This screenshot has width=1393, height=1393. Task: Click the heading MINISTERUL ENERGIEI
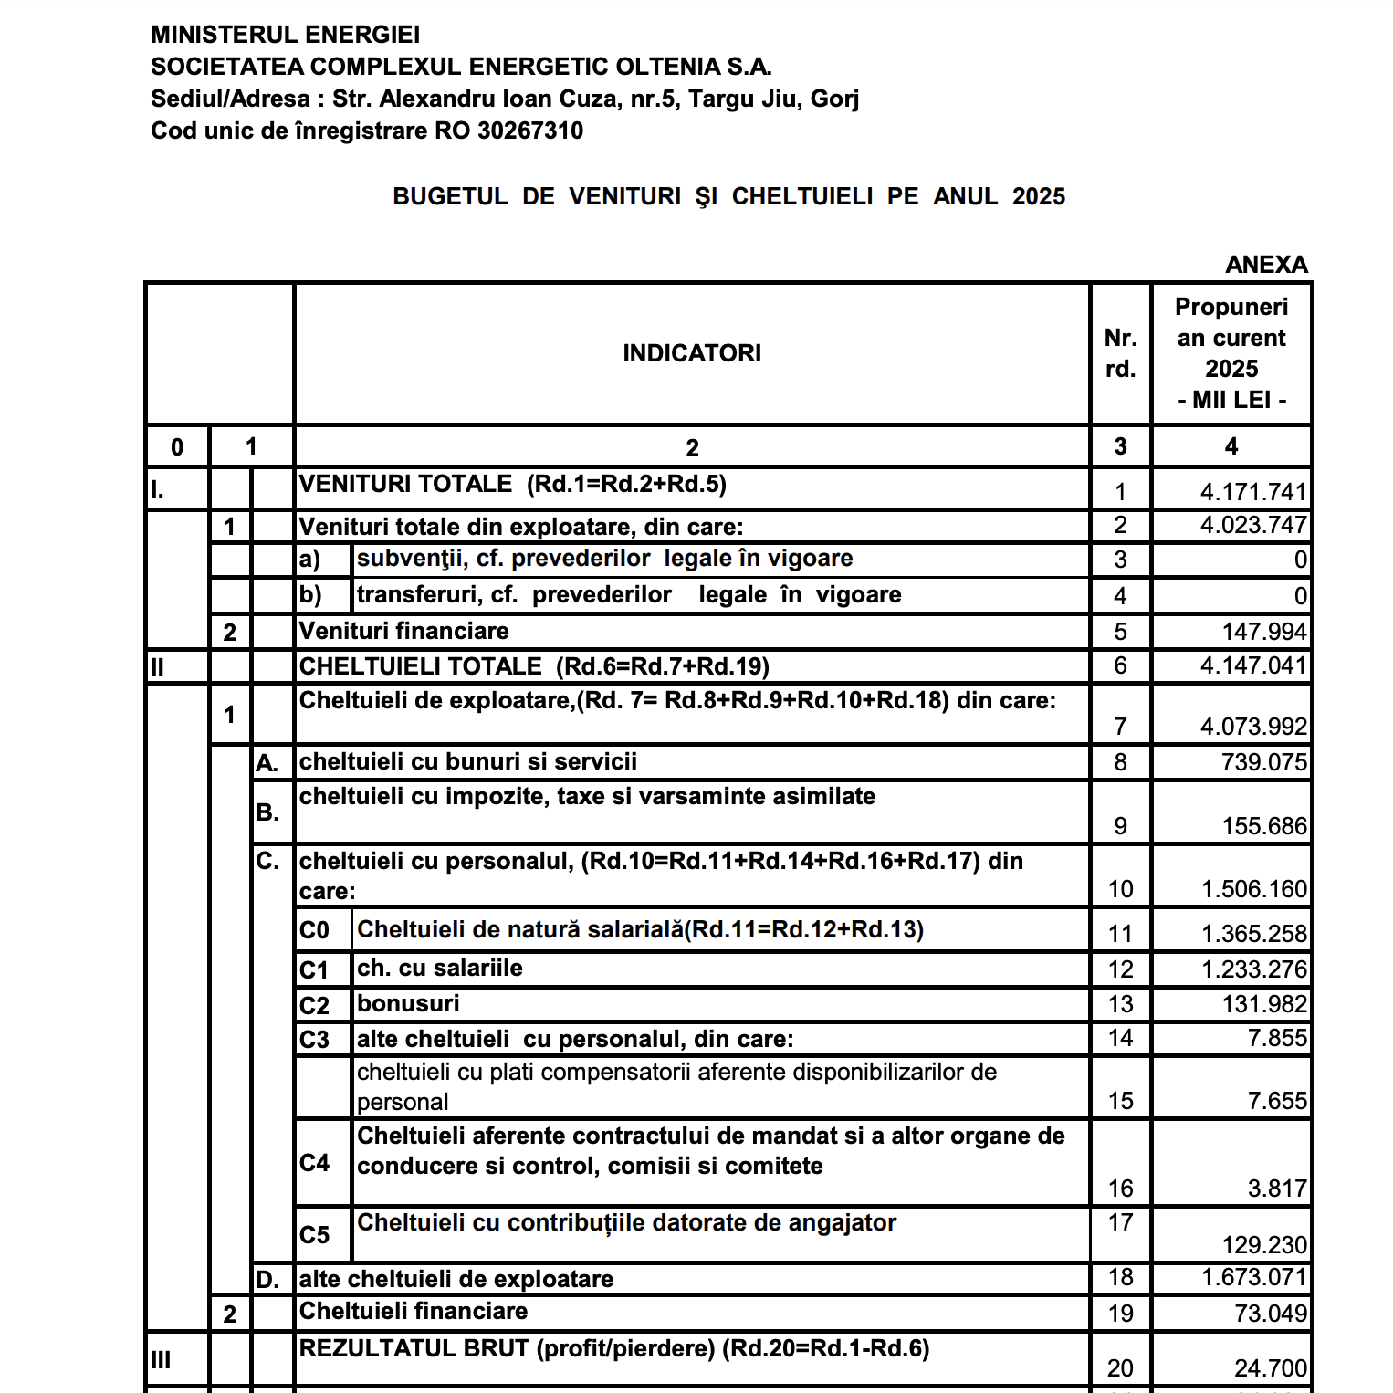pyautogui.click(x=285, y=35)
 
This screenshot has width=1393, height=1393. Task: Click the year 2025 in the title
pyautogui.click(x=1039, y=196)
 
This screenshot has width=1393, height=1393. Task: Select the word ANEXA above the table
pyautogui.click(x=1266, y=265)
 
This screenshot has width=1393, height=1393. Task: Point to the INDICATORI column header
pyautogui.click(x=692, y=353)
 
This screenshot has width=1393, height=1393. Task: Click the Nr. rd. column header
pyautogui.click(x=1120, y=353)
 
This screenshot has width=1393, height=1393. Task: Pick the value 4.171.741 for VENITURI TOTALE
pyautogui.click(x=1253, y=492)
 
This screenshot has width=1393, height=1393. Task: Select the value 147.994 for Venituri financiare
pyautogui.click(x=1264, y=632)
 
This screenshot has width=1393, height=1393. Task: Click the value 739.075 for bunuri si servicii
pyautogui.click(x=1264, y=762)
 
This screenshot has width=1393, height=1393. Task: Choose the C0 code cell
pyautogui.click(x=314, y=930)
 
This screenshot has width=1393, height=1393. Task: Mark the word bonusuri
pyautogui.click(x=408, y=1003)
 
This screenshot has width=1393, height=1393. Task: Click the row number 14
pyautogui.click(x=1120, y=1038)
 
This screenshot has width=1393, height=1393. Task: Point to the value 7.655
pyautogui.click(x=1277, y=1101)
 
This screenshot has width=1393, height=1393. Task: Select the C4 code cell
pyautogui.click(x=314, y=1163)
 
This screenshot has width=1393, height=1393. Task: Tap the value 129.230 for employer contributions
pyautogui.click(x=1264, y=1245)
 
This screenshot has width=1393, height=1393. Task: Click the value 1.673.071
pyautogui.click(x=1254, y=1277)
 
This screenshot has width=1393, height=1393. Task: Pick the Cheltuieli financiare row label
pyautogui.click(x=414, y=1312)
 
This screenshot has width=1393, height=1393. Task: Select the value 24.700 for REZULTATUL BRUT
pyautogui.click(x=1271, y=1368)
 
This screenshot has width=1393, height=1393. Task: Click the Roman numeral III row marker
pyautogui.click(x=161, y=1360)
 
